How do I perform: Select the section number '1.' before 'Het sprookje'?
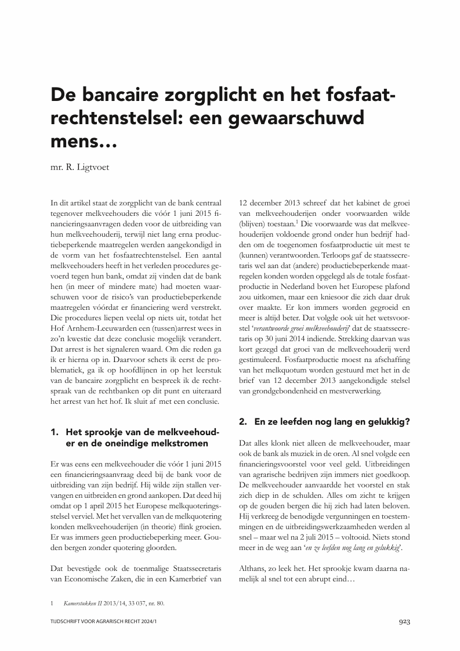(x=56, y=432)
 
